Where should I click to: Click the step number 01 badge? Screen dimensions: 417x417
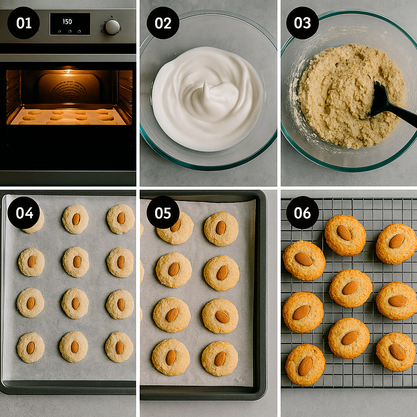(24, 23)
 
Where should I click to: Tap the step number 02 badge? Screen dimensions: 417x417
(163, 23)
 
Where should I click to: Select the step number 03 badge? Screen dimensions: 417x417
(303, 23)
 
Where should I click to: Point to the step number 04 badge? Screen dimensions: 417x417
(24, 213)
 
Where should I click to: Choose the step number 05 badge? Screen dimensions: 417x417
(163, 213)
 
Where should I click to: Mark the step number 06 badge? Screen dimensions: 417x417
(303, 213)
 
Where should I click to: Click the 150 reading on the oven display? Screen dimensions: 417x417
(67, 22)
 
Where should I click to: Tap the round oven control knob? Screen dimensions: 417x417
(112, 27)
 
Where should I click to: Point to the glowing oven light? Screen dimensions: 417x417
(68, 71)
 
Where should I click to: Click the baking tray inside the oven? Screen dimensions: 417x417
(68, 117)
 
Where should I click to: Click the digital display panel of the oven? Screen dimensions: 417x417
(70, 24)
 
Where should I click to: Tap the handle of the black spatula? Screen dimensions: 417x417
(403, 115)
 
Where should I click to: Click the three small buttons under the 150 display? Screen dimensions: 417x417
(69, 31)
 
